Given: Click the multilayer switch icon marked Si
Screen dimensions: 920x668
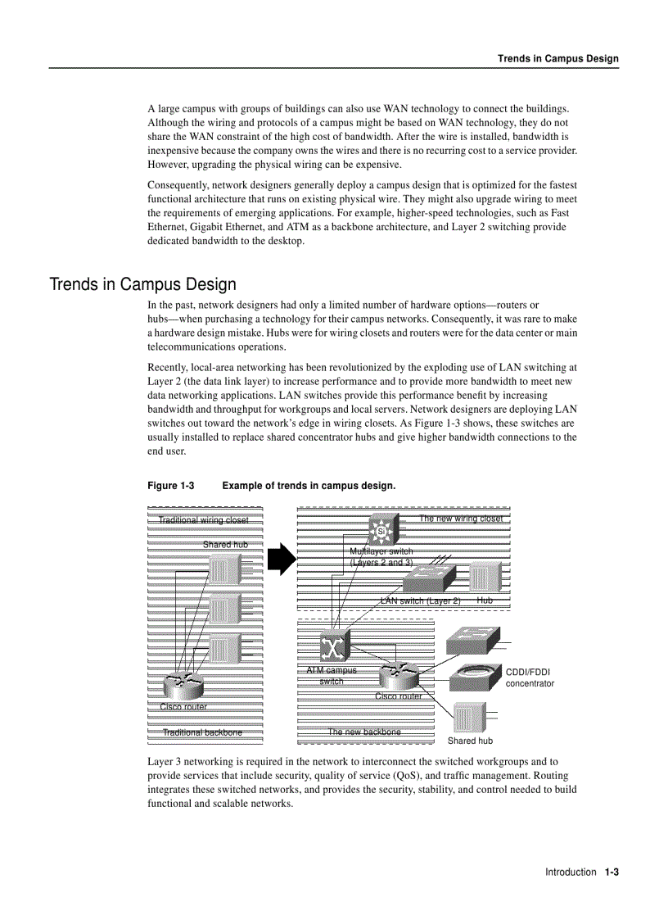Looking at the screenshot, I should [x=381, y=531].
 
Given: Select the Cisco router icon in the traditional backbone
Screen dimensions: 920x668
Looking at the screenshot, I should [x=184, y=682].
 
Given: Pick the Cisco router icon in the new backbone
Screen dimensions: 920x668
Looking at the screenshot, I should [x=399, y=676].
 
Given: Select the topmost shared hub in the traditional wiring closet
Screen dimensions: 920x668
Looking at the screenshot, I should [x=224, y=569].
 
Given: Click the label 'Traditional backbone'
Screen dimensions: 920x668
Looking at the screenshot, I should [x=202, y=732].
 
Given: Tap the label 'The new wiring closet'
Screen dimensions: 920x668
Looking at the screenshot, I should [x=461, y=519].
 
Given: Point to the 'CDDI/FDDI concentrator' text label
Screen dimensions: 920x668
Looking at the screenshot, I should [x=529, y=678].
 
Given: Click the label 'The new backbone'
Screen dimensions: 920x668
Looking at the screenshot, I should [x=364, y=732].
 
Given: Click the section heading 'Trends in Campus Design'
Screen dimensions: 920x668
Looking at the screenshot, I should [x=143, y=284].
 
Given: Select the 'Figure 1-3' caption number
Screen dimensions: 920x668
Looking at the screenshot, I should [x=170, y=486].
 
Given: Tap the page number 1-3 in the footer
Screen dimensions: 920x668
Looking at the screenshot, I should [x=612, y=872].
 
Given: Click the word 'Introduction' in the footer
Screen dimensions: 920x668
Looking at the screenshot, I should [x=571, y=872].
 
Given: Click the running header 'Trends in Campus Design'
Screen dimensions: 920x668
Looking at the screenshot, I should [x=558, y=59].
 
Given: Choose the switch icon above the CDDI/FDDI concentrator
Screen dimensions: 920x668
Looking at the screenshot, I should [x=471, y=639].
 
